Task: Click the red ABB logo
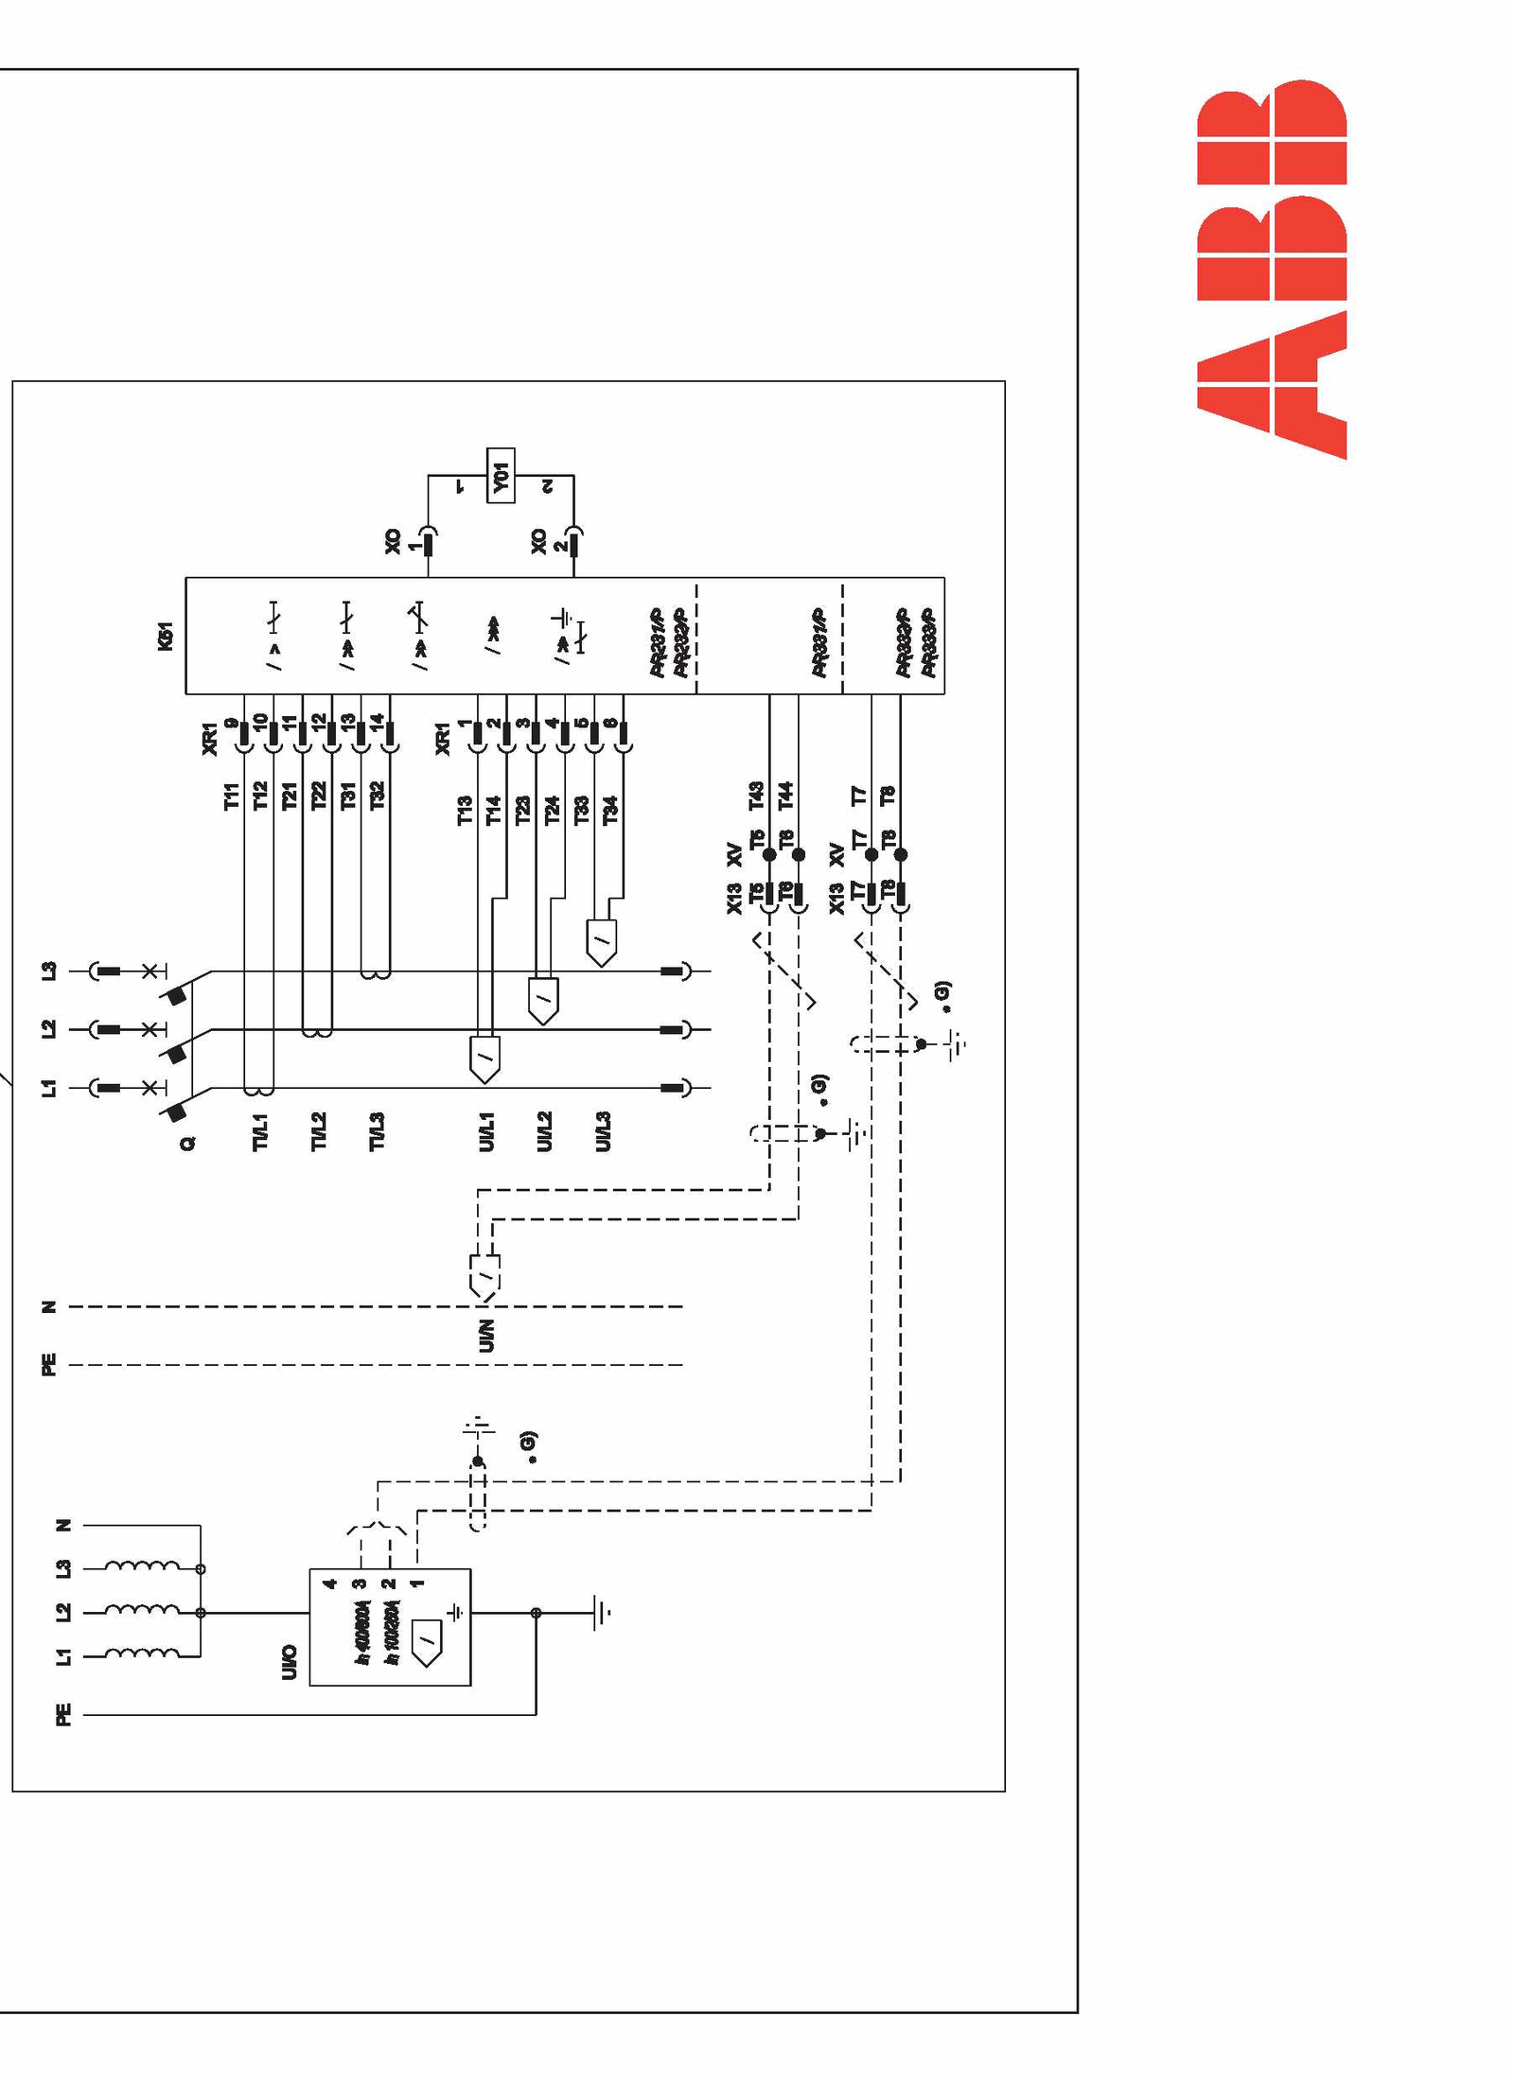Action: tap(1271, 270)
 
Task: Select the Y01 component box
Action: tap(501, 475)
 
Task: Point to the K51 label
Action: tap(166, 636)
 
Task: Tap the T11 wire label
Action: tap(232, 796)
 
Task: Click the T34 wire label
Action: tap(610, 810)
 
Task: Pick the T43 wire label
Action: tap(756, 796)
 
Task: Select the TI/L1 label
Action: tap(260, 1132)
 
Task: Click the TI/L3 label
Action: tap(377, 1132)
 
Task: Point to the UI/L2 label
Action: tap(544, 1132)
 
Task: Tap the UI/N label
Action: tap(486, 1336)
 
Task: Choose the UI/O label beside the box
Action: tap(290, 1663)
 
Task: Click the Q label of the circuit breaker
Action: tap(187, 1144)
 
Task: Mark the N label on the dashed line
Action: tap(49, 1307)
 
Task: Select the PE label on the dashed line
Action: tap(49, 1365)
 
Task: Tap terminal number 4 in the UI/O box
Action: tap(329, 1583)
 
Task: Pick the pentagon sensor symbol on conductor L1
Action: tap(484, 1059)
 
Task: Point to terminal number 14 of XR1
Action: tap(377, 721)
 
